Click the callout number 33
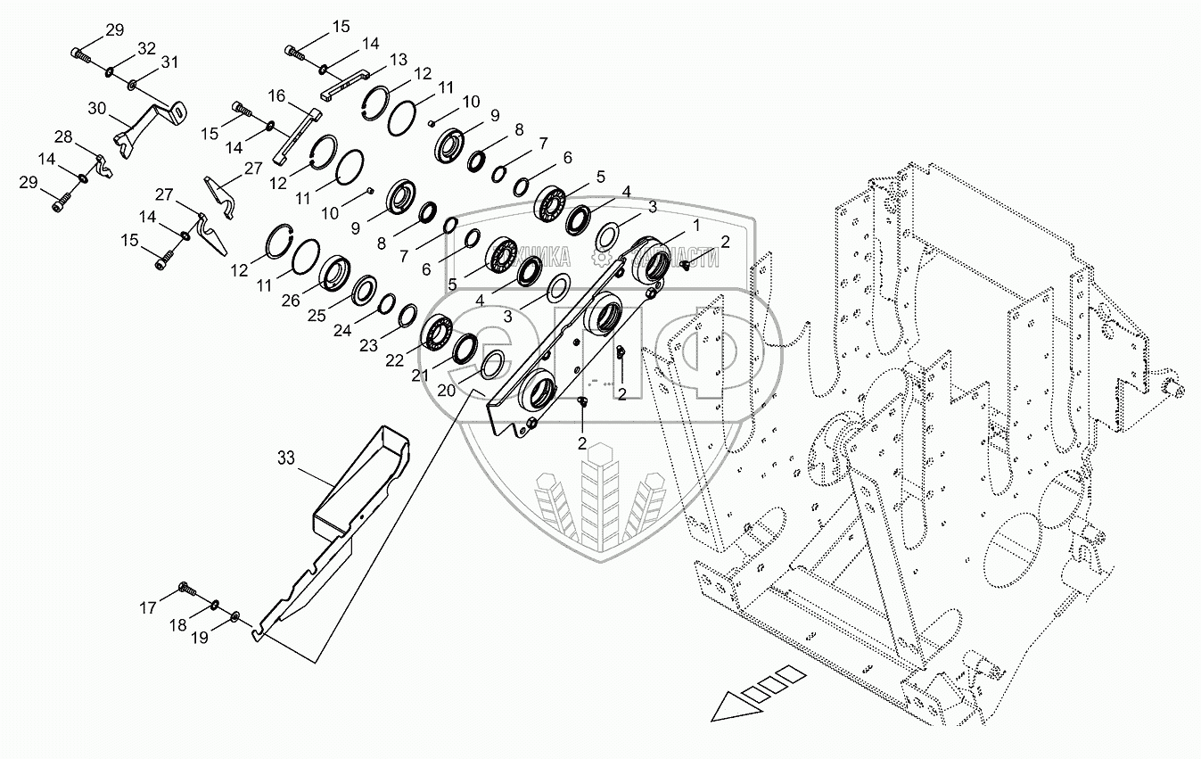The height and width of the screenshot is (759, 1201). pyautogui.click(x=285, y=459)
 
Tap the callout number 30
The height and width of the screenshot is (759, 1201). pyautogui.click(x=97, y=108)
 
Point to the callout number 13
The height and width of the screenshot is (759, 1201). pyautogui.click(x=398, y=59)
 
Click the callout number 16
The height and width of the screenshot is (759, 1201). pyautogui.click(x=276, y=95)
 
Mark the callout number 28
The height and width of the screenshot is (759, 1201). pyautogui.click(x=63, y=136)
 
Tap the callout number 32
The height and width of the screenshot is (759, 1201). pyautogui.click(x=146, y=47)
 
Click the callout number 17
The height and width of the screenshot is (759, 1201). pyautogui.click(x=147, y=608)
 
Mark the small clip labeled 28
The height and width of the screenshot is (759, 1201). pyautogui.click(x=104, y=166)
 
